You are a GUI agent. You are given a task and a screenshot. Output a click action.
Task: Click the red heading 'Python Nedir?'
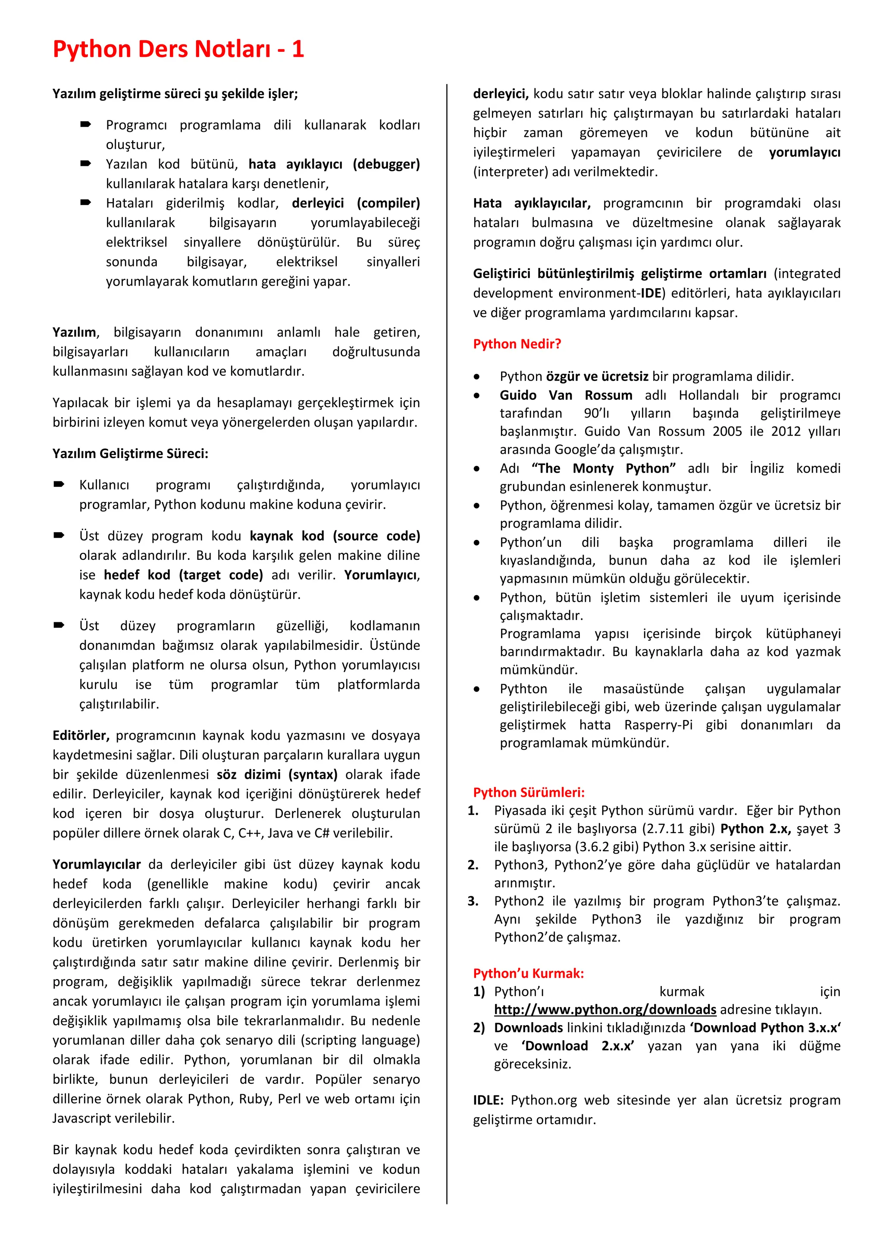tap(517, 343)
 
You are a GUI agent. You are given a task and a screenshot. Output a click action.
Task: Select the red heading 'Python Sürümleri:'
tap(529, 792)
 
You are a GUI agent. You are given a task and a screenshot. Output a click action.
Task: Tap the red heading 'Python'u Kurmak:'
tap(528, 973)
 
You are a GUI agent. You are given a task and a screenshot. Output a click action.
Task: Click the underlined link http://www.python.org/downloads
tap(604, 1009)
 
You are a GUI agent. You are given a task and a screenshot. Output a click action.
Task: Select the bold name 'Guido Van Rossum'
tap(566, 395)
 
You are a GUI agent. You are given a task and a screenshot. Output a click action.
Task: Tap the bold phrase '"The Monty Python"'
tap(603, 468)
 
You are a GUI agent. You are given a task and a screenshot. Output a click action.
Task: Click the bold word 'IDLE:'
tap(488, 1100)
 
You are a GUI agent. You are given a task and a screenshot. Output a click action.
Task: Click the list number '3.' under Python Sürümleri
tap(473, 901)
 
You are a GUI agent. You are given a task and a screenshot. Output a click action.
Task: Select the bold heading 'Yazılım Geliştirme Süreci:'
tap(130, 453)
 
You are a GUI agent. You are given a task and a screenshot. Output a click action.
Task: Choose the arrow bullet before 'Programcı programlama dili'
tap(85, 125)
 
